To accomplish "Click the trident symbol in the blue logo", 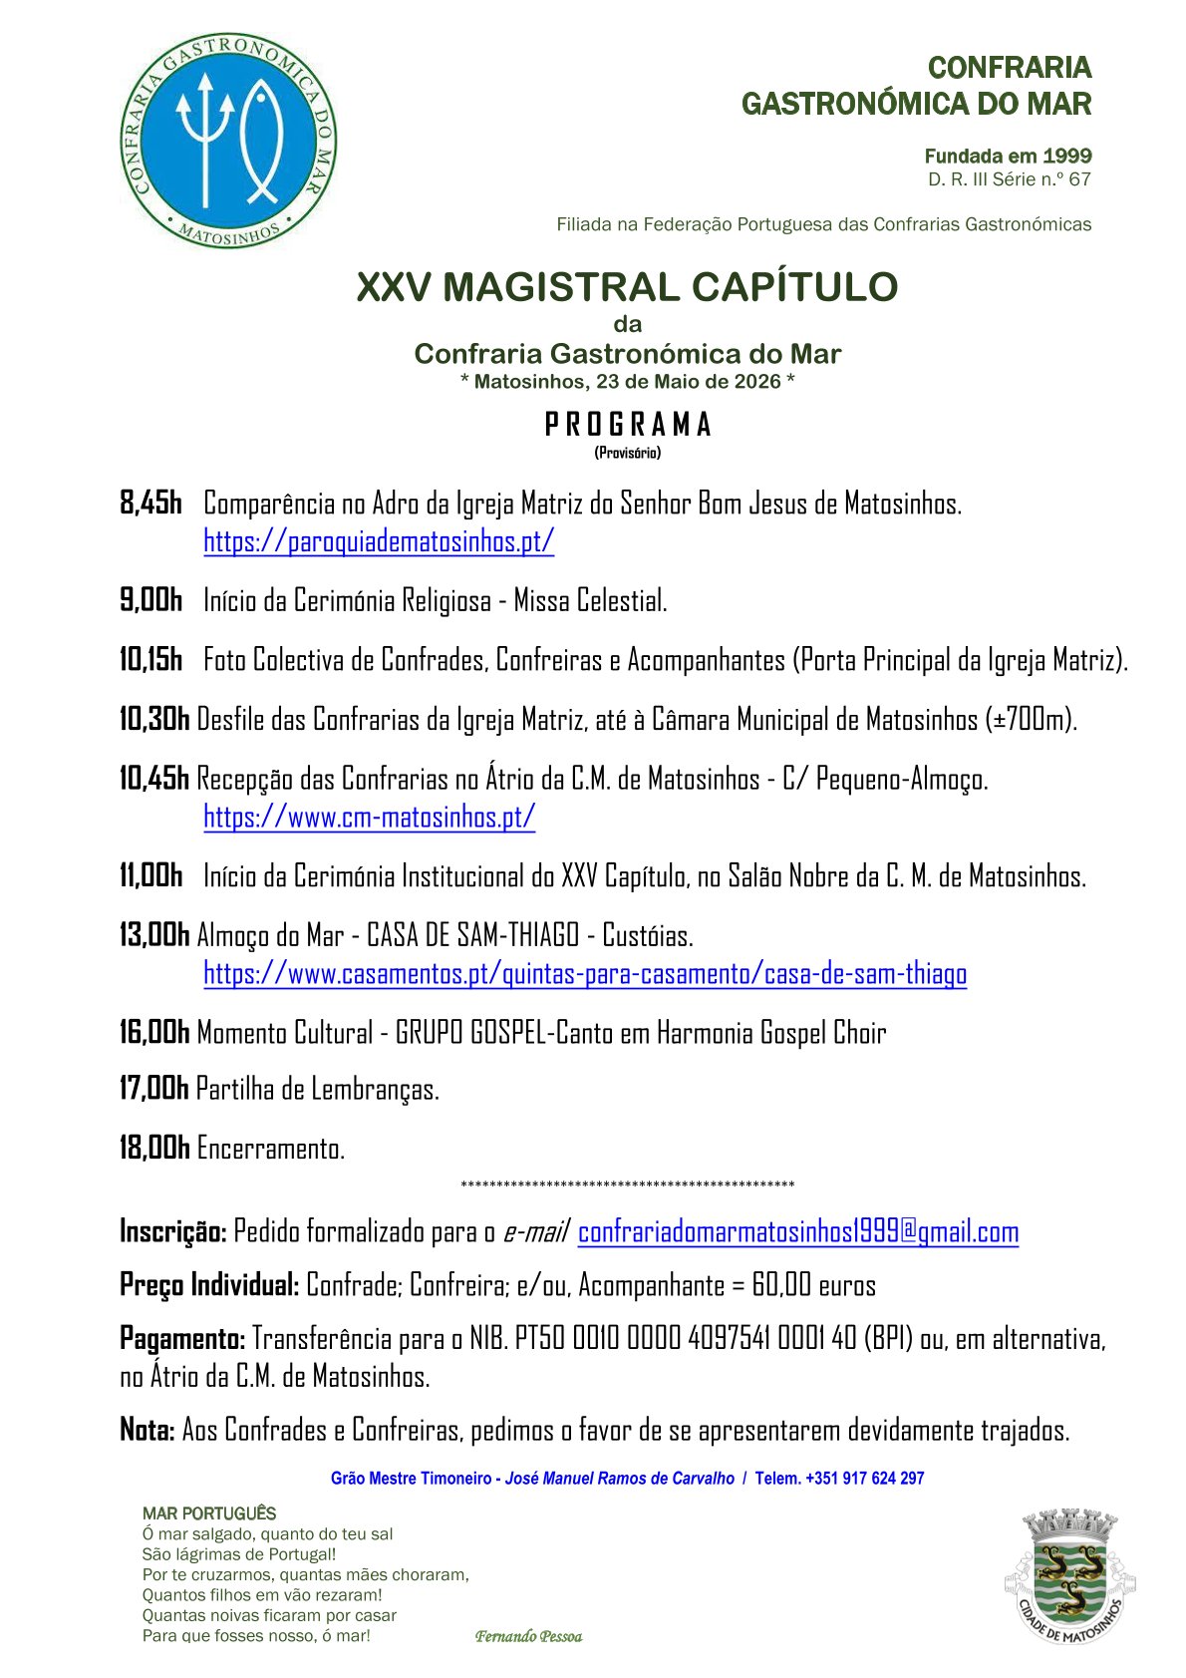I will click(x=204, y=135).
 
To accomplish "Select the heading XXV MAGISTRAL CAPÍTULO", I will click(x=627, y=287).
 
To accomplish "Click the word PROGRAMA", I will click(x=627, y=425).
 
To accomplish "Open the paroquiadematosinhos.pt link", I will click(x=379, y=541).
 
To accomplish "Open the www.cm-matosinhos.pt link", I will click(x=369, y=817).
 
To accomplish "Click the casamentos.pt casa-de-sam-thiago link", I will click(x=585, y=973).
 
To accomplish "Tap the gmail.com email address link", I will click(x=797, y=1232).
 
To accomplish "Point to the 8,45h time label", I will click(x=150, y=503).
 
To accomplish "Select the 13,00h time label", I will click(x=153, y=935).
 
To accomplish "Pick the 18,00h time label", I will click(x=153, y=1149).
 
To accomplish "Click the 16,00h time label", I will click(x=153, y=1033).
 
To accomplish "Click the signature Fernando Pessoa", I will click(x=528, y=1636).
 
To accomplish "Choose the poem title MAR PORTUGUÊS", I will click(x=209, y=1513).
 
